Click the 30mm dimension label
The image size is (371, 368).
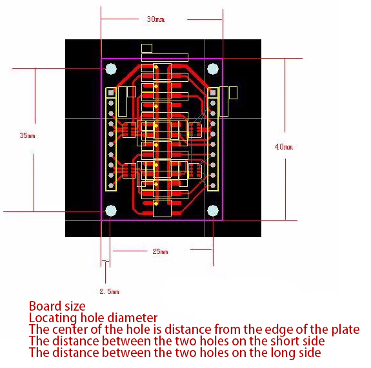click(155, 19)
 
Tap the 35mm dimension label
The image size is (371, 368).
click(28, 135)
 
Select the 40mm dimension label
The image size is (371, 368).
click(284, 147)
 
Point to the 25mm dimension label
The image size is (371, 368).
click(160, 251)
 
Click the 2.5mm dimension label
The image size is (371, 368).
click(109, 291)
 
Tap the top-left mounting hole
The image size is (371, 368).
click(111, 69)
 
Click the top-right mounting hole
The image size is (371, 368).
click(213, 69)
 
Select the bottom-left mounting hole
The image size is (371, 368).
click(111, 211)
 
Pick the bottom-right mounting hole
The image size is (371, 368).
click(213, 211)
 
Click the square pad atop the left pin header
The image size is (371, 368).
click(111, 93)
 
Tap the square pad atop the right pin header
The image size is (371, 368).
click(213, 93)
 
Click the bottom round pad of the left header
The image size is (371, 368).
click(111, 186)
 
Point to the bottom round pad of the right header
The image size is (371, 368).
click(213, 186)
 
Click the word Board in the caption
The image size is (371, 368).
click(44, 306)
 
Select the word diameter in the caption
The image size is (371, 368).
click(132, 318)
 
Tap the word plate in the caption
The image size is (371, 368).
click(345, 330)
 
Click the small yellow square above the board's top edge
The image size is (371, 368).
click(146, 48)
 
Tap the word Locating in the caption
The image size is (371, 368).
click(52, 318)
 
